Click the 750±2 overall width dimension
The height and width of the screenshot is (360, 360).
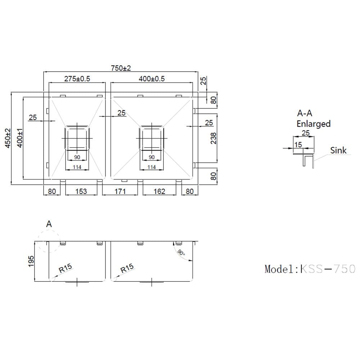click(121, 68)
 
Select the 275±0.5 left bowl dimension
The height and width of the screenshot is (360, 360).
click(77, 79)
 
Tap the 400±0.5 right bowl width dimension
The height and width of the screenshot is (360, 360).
click(152, 79)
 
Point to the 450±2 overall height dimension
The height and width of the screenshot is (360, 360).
click(8, 138)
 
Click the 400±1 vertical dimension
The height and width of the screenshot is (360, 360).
click(20, 138)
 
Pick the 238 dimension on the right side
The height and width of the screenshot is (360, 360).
click(213, 138)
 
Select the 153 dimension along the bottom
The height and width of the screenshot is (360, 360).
click(81, 191)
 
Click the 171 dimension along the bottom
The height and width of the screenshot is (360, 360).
click(120, 191)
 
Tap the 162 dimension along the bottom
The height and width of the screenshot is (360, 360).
click(159, 191)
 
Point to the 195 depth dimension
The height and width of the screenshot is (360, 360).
click(31, 261)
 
